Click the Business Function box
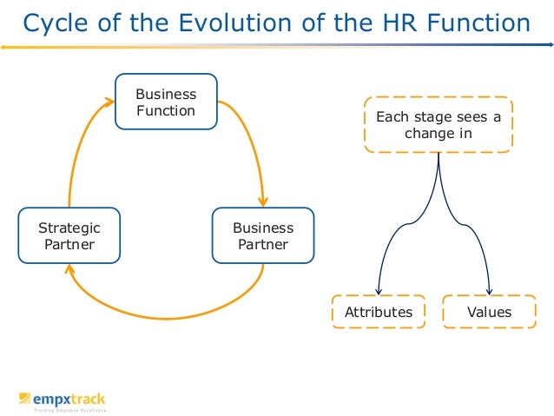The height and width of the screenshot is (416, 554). [166, 102]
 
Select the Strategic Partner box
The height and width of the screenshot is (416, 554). [69, 235]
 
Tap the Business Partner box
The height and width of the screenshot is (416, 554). [263, 235]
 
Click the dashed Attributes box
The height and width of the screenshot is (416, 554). [379, 312]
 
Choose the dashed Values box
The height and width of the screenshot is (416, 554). [489, 312]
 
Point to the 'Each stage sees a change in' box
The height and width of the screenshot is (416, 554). [439, 125]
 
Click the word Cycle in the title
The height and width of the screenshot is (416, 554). [53, 23]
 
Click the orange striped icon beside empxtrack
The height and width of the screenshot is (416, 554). [24, 399]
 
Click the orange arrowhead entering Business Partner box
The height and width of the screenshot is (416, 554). [261, 201]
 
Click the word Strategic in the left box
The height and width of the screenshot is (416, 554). [69, 228]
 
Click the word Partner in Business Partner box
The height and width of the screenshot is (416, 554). [263, 244]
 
